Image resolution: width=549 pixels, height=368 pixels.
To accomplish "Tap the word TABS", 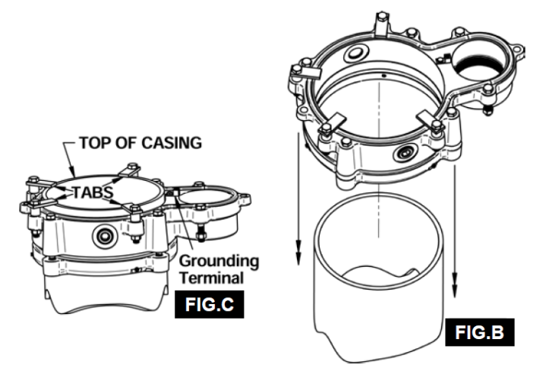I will pos(93,192).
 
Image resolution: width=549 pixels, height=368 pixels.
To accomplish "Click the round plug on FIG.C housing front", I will pos(102,236).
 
